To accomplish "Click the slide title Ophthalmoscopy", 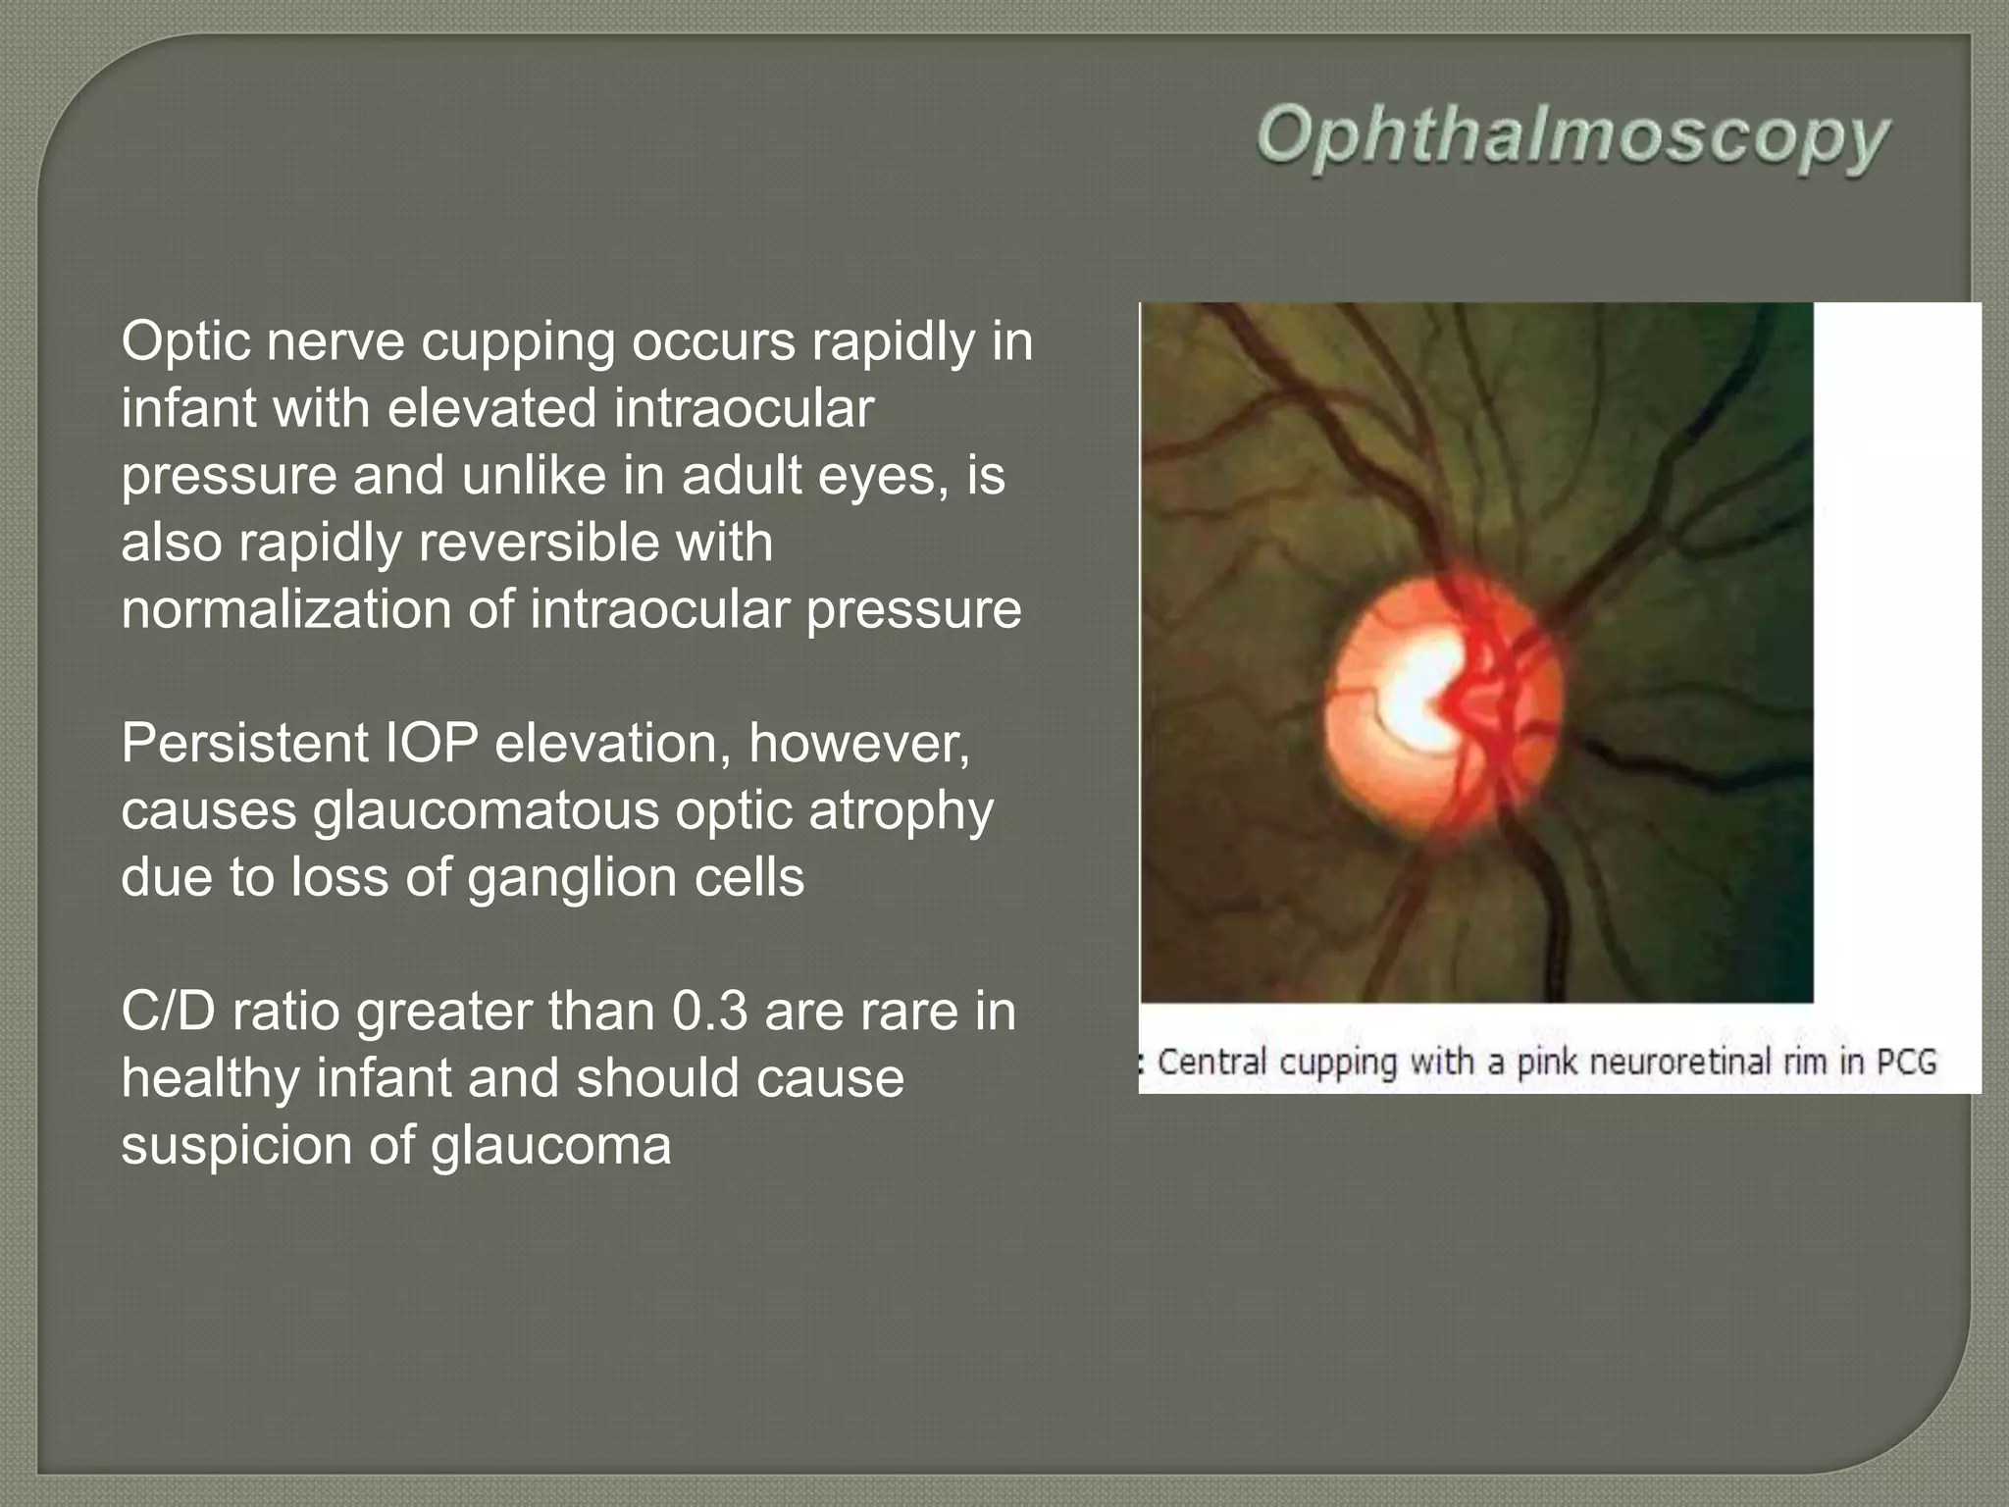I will coord(1571,140).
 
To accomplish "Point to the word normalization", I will coord(285,609).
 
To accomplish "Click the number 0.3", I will coord(710,1012).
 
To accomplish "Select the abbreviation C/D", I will coord(168,1012).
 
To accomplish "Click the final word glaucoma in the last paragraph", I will coord(550,1145).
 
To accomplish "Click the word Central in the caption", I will coord(1213,1063).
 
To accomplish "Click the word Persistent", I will coord(244,744).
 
